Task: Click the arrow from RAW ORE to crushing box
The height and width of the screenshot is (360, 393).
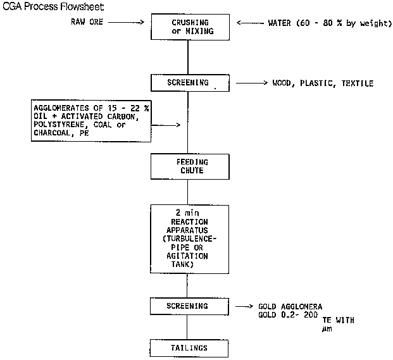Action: [130, 23]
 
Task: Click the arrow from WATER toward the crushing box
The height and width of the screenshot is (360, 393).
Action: [251, 23]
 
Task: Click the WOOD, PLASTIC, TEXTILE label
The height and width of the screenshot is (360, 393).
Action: [323, 84]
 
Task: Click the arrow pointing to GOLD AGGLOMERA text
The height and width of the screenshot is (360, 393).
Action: [244, 306]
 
